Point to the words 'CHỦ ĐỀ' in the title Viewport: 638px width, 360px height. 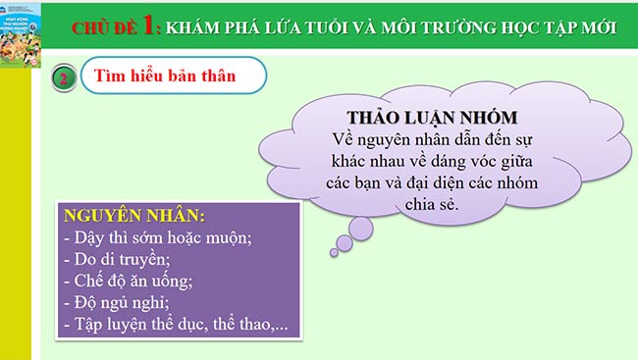pos(105,26)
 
